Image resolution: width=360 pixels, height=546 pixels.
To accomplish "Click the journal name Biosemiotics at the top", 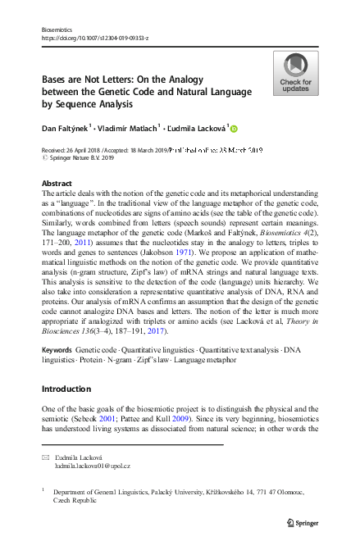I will pos(57,29).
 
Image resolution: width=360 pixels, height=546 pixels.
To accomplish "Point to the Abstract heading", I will pos(56,183).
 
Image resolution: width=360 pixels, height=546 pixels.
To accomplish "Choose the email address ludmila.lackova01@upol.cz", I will pos(92,465).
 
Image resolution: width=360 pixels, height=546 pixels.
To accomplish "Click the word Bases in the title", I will pos(58,73).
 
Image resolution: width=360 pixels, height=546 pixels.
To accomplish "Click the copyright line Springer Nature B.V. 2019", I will pos(80,158).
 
